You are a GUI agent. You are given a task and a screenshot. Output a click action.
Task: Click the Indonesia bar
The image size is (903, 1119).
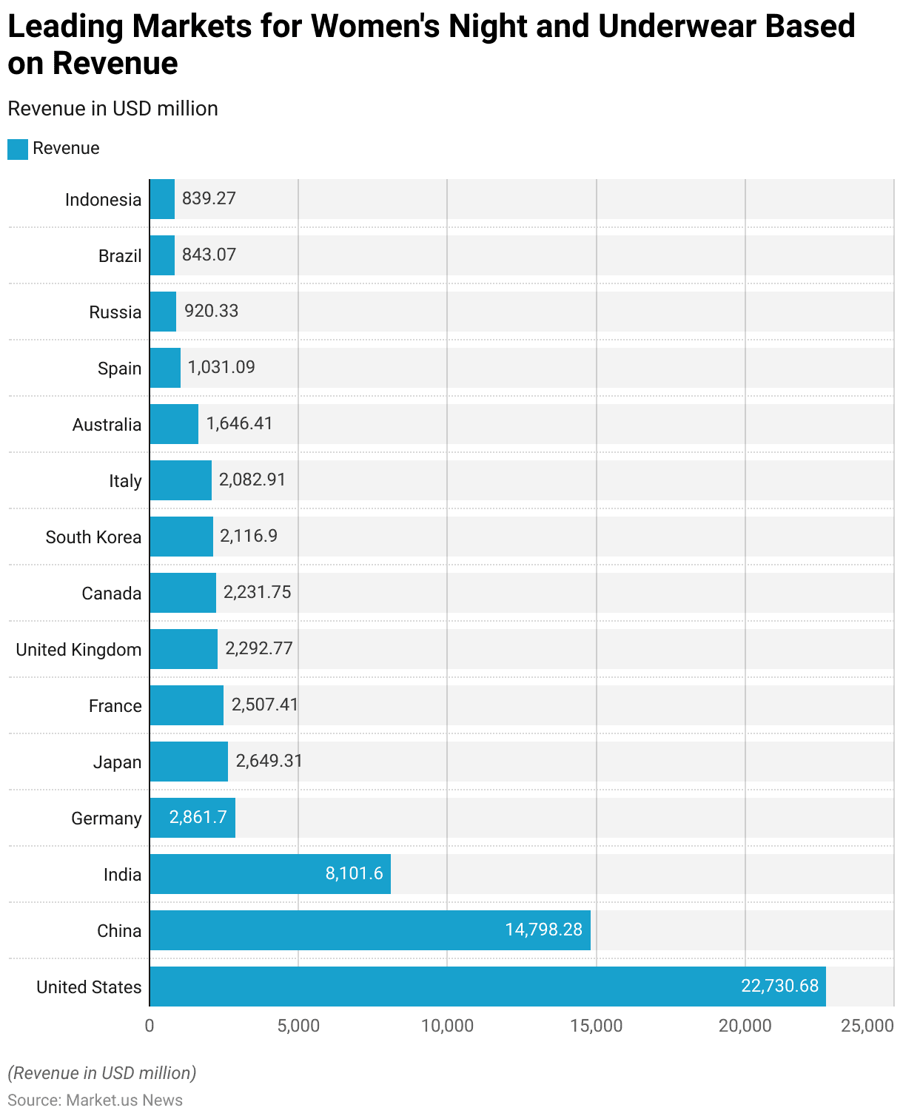[162, 199]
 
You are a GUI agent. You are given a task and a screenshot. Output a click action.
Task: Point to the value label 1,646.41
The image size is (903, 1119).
[239, 423]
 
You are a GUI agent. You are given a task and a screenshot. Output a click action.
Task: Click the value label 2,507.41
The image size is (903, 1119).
[264, 705]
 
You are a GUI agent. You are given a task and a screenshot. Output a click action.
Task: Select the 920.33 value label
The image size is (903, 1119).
[211, 311]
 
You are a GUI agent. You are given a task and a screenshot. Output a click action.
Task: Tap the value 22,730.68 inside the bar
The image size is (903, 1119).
[779, 986]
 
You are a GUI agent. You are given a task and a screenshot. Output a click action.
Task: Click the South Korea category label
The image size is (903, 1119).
[93, 537]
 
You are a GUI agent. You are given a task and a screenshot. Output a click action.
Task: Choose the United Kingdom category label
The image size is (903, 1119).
[78, 650]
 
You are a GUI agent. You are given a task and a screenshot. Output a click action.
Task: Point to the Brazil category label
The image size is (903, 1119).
[120, 256]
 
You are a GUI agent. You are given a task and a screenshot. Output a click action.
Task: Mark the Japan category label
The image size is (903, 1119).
[117, 762]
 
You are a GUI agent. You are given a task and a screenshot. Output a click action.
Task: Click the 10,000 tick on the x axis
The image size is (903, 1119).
[447, 1026]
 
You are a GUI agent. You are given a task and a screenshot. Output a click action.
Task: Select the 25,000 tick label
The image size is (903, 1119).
[867, 1026]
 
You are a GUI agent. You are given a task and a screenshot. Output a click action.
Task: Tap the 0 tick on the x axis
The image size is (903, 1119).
[150, 1026]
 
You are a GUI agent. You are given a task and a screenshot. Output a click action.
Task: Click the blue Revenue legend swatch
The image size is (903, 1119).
[18, 149]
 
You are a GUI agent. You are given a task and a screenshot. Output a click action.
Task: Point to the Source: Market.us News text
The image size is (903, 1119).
[95, 1100]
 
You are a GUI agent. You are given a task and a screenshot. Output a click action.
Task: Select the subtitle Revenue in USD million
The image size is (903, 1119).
[113, 109]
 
